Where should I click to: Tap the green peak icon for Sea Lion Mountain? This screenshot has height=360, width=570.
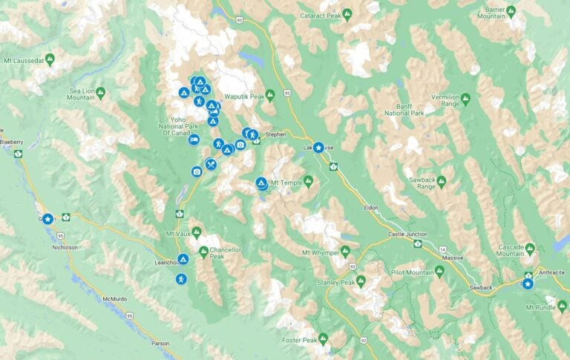click(101, 92)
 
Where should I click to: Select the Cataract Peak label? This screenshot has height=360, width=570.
click(321, 15)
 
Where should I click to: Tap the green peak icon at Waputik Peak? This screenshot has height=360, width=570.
click(270, 95)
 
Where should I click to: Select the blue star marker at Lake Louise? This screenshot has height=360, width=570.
click(318, 148)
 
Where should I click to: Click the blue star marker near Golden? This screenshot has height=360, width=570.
click(47, 219)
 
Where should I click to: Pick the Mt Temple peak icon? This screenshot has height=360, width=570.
click(308, 180)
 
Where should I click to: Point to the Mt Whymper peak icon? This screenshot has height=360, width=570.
click(345, 252)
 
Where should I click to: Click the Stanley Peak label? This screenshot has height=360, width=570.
click(335, 282)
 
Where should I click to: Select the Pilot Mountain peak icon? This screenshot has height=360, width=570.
click(439, 272)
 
